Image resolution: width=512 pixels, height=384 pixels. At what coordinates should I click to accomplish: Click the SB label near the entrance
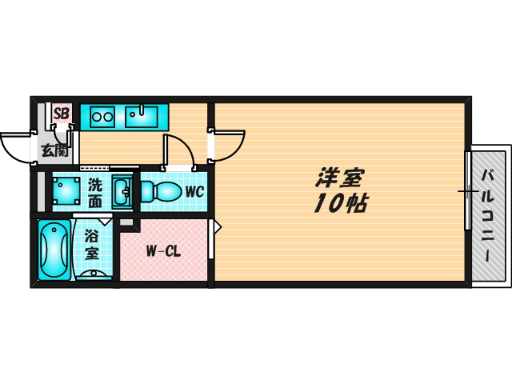tap(62, 114)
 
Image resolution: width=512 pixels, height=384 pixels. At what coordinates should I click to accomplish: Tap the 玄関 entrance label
tap(54, 150)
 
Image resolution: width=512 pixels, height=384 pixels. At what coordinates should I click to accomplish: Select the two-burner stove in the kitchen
tap(102, 117)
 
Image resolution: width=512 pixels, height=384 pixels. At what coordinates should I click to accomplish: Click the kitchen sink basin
tap(142, 117)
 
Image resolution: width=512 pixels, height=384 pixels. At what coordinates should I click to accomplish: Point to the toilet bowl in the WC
tap(162, 191)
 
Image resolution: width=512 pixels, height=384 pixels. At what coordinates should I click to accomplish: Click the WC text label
tap(194, 192)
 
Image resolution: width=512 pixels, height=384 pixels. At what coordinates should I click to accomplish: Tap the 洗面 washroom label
tap(95, 194)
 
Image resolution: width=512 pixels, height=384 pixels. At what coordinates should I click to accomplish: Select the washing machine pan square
tap(66, 191)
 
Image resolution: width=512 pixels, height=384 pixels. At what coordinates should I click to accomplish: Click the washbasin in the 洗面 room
tap(122, 192)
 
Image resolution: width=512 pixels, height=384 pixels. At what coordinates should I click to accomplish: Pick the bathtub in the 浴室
tap(54, 250)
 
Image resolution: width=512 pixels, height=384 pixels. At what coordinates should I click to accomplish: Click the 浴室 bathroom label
tap(92, 245)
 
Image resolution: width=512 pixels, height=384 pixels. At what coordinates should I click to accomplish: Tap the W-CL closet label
tap(163, 251)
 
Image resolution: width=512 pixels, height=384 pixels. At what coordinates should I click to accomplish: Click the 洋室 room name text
tap(339, 178)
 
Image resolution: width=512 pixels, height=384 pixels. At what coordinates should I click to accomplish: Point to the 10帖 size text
tap(341, 203)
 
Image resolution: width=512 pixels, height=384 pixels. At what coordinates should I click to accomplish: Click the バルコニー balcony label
tap(489, 215)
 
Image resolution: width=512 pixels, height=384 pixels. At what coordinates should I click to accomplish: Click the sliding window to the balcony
tap(468, 191)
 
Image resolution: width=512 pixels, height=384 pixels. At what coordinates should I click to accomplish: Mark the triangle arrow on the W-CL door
tap(218, 226)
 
